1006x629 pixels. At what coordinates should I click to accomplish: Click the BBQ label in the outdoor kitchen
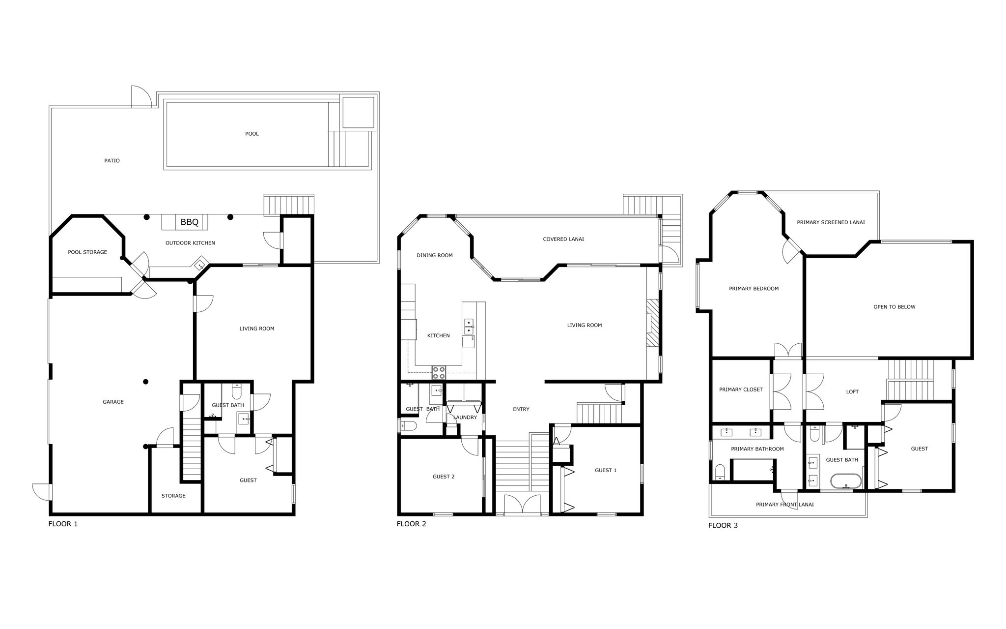click(x=189, y=222)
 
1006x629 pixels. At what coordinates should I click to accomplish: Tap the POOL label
click(x=252, y=134)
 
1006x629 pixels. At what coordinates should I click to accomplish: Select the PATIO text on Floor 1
click(x=112, y=161)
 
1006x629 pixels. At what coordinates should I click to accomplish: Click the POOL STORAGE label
click(x=87, y=252)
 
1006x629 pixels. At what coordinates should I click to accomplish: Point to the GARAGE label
click(x=113, y=402)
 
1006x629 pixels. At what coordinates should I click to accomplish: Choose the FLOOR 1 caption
click(x=63, y=524)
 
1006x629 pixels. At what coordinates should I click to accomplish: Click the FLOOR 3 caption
click(x=723, y=525)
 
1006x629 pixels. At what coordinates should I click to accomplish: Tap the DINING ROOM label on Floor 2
click(x=434, y=255)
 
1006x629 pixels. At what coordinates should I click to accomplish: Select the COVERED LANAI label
click(x=563, y=240)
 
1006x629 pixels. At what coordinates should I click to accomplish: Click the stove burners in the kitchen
click(x=439, y=373)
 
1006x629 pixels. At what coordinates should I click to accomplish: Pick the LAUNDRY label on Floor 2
click(x=465, y=418)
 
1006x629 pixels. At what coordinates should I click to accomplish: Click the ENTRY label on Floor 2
click(x=521, y=409)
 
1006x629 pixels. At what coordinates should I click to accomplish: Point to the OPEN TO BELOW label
click(x=894, y=307)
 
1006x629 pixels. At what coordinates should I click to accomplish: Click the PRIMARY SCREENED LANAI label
click(x=831, y=222)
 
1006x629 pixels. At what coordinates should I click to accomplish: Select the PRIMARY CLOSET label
click(x=741, y=389)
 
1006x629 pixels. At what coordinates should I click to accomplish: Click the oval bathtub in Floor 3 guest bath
click(x=846, y=481)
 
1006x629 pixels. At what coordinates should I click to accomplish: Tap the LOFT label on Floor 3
click(x=852, y=392)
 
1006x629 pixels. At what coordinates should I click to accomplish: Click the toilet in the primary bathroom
click(x=720, y=472)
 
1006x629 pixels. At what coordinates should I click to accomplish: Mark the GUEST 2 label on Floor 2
click(x=443, y=477)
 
